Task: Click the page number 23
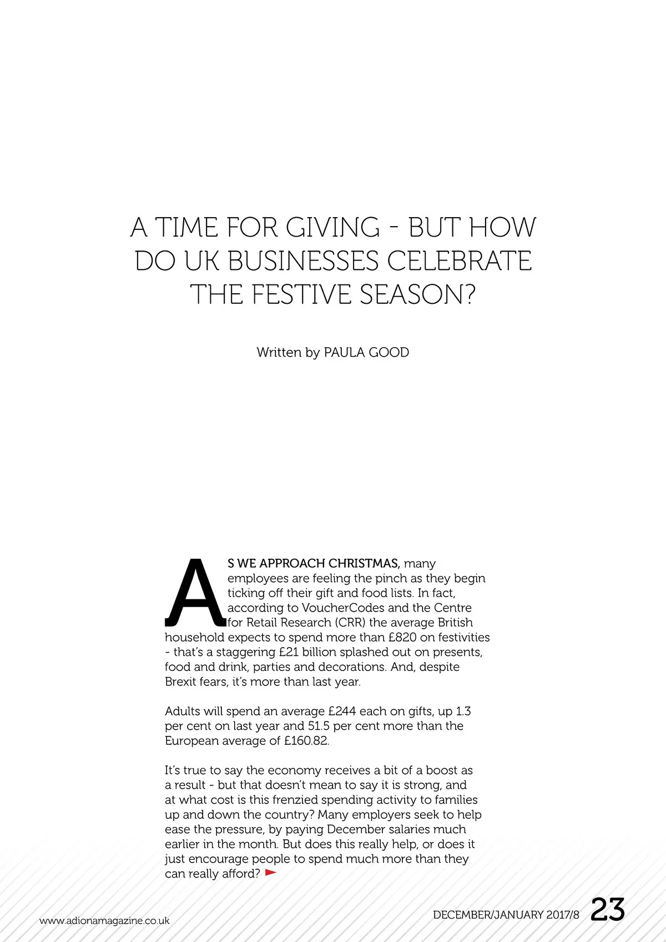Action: [608, 910]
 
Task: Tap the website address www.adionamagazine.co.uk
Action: [104, 920]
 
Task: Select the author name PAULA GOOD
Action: [366, 352]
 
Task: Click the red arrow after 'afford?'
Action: [271, 873]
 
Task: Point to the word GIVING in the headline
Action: [333, 227]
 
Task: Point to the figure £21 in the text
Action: [289, 652]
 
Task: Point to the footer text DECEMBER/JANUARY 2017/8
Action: [506, 915]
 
